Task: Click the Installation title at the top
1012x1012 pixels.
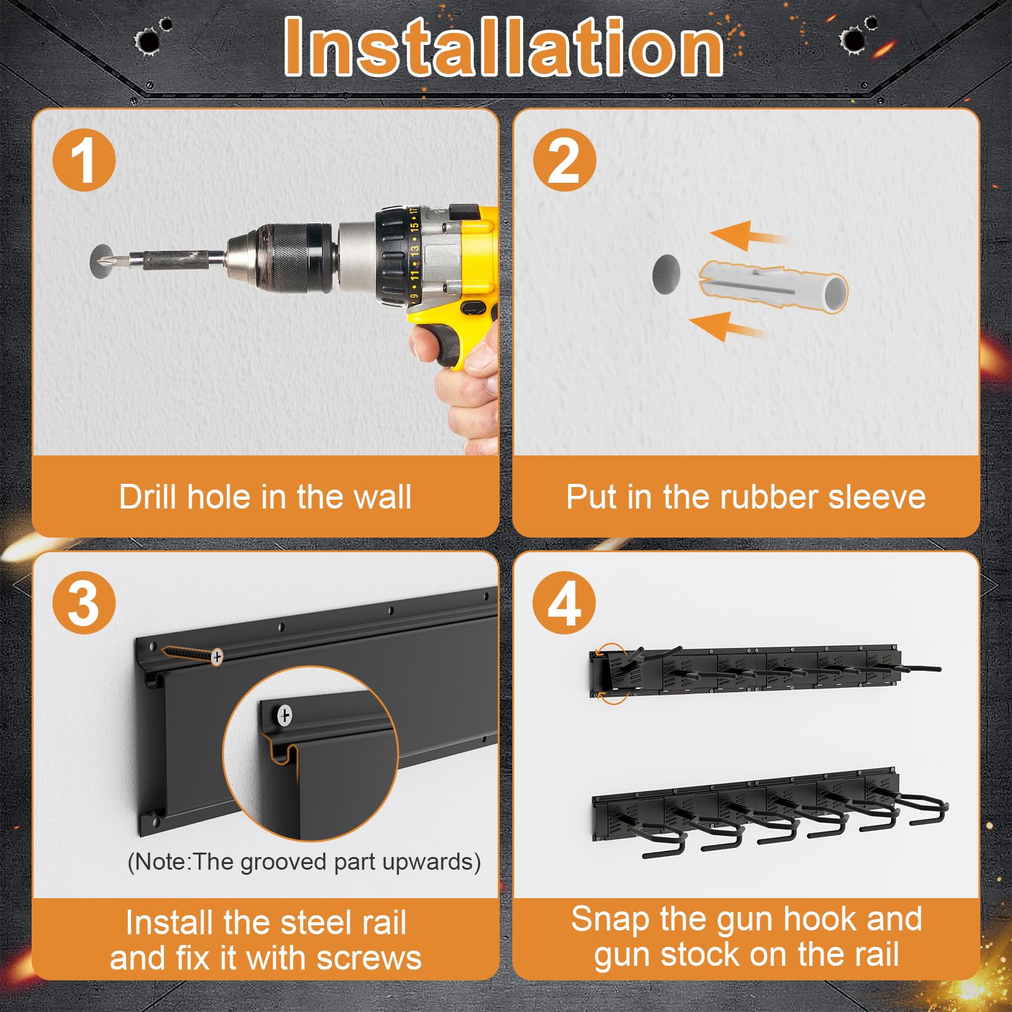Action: click(x=504, y=47)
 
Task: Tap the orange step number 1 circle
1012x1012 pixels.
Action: click(x=83, y=159)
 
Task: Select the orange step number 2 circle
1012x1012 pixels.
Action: click(x=564, y=159)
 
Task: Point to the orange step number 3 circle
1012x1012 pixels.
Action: click(x=83, y=603)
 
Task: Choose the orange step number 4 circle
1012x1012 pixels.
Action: click(x=564, y=603)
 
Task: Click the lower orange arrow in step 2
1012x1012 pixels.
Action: click(x=727, y=326)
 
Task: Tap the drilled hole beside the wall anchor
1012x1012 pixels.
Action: click(x=666, y=275)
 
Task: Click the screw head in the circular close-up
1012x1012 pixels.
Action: click(x=285, y=715)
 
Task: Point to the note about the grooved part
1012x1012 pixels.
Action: click(x=304, y=862)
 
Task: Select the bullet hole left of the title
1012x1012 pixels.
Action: click(x=147, y=42)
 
